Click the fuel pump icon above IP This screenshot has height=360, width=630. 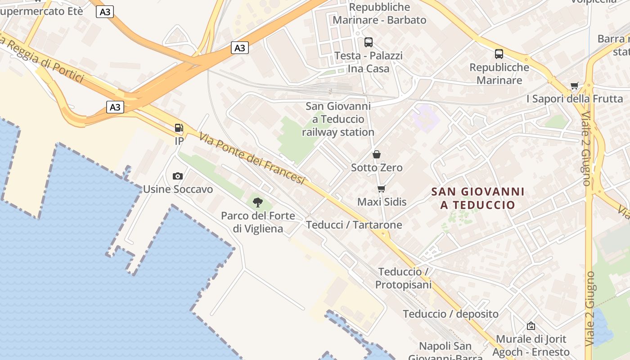[179, 128]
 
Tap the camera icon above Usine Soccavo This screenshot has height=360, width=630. [178, 176]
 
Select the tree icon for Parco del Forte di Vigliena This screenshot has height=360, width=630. [258, 202]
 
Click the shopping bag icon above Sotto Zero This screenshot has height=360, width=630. [377, 154]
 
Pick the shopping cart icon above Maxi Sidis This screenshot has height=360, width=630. [382, 189]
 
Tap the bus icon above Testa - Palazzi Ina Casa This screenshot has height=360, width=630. [369, 42]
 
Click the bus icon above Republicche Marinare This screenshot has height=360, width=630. [499, 54]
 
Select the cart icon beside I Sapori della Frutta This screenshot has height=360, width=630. [574, 85]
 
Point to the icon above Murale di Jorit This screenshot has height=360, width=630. [531, 326]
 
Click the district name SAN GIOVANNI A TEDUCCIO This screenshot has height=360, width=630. [477, 198]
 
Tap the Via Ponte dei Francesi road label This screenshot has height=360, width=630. [252, 158]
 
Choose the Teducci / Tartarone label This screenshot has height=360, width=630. [354, 225]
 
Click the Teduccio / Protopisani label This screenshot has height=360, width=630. [404, 278]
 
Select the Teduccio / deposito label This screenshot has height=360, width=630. [450, 314]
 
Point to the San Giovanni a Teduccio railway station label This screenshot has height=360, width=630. [338, 119]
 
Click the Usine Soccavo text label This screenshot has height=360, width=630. [178, 189]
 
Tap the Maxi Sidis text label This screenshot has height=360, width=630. [382, 202]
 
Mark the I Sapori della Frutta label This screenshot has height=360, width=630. [575, 99]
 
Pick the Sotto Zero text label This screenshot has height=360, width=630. [377, 167]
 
